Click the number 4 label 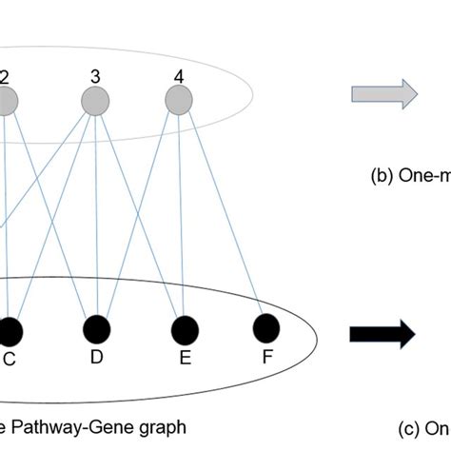pos(178,72)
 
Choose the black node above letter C pos(10,332)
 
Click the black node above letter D pos(98,330)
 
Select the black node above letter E pos(185,329)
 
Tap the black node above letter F pos(267,327)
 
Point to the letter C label pos(10,360)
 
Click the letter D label pos(96,357)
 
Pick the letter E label pos(185,358)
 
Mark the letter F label pos(267,358)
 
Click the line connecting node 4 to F pos(224,214)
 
